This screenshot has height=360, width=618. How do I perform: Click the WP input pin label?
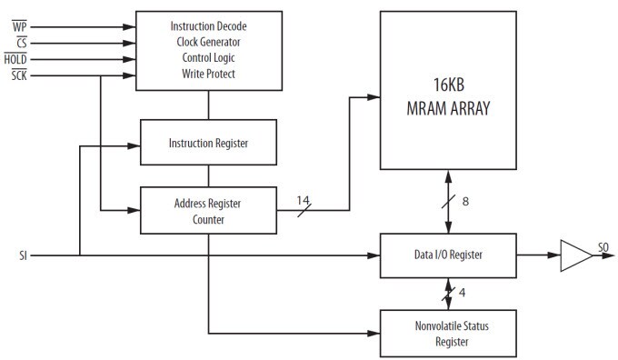click(x=19, y=25)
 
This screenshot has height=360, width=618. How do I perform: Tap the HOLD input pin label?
click(x=16, y=57)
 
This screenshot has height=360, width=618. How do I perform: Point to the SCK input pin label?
click(x=18, y=74)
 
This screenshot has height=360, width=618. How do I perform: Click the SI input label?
click(x=23, y=255)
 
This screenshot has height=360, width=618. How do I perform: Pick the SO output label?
click(x=603, y=246)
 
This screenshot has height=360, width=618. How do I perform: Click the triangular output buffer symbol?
click(x=574, y=255)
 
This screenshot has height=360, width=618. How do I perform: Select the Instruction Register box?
click(x=208, y=143)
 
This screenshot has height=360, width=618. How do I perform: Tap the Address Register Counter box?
click(x=208, y=210)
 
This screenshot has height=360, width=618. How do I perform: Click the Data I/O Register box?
click(x=447, y=255)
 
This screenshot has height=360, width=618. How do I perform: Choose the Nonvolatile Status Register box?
click(x=447, y=335)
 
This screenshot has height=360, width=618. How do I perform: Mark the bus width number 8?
click(x=465, y=202)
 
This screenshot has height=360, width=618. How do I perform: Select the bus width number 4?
click(x=463, y=293)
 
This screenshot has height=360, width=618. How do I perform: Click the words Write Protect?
click(x=208, y=74)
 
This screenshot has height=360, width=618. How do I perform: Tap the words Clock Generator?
click(x=208, y=42)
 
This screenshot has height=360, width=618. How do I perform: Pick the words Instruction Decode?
click(x=208, y=25)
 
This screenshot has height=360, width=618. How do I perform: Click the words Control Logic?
click(x=208, y=57)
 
